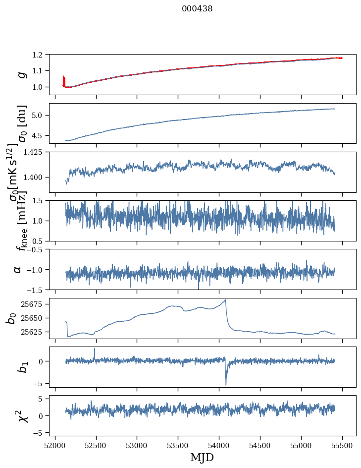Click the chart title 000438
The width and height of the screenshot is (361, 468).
tap(197, 8)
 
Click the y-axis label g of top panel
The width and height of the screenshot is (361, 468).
tap(21, 74)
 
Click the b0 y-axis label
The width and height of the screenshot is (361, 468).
tap(11, 318)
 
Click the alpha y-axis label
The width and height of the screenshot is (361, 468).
tap(18, 269)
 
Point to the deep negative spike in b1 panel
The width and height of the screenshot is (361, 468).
tap(226, 384)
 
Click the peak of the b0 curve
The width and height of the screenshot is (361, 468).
tap(225, 300)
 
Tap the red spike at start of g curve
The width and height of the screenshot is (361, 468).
tap(63, 79)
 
